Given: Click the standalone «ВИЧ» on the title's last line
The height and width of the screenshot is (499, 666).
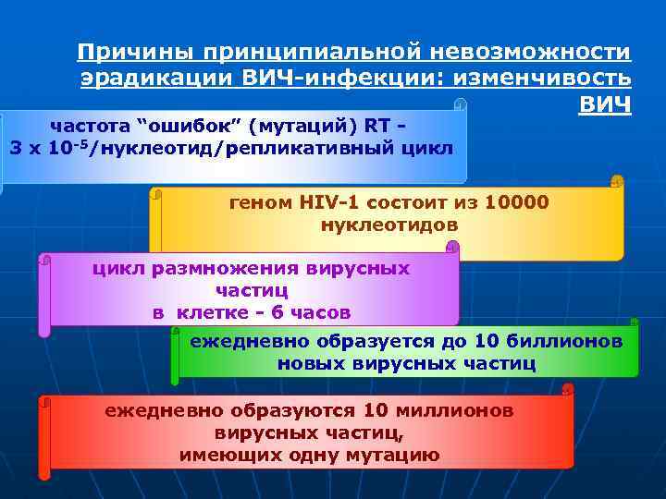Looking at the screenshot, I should (605, 104).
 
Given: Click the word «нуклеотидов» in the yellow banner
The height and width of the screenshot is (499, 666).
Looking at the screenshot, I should (389, 225).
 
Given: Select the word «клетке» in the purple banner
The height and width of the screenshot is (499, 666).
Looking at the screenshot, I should (204, 312).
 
